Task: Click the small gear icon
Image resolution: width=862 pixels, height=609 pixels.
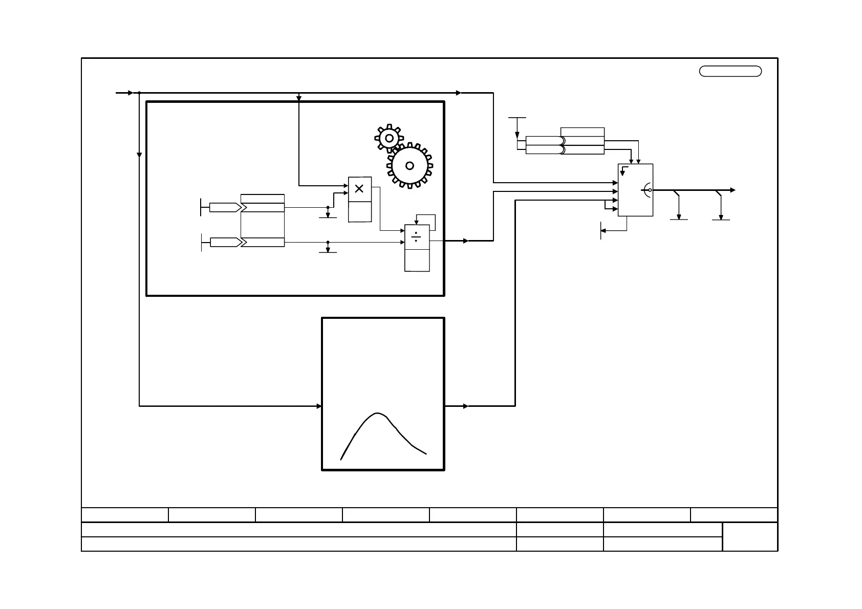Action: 389,138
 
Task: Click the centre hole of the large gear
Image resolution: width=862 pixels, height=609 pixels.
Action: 410,166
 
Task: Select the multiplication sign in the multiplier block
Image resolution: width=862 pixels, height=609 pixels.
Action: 359,189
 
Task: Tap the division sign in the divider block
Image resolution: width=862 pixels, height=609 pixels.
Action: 417,237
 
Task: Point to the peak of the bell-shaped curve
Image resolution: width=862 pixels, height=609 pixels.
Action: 377,414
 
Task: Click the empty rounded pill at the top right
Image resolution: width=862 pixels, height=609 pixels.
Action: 730,71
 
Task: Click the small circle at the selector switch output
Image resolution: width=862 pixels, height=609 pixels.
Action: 650,190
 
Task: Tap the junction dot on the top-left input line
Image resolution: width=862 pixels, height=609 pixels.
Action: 139,93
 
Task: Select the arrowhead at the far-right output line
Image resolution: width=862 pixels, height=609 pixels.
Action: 733,190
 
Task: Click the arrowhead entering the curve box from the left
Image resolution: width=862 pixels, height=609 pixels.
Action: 319,406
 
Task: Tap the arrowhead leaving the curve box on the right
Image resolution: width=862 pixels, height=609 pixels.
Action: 466,406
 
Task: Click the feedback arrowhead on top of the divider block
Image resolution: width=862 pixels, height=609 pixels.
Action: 417,222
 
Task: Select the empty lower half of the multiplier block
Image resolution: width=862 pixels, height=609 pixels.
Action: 360,211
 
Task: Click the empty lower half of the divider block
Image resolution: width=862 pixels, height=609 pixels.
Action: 417,260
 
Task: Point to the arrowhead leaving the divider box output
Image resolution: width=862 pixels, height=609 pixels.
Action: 466,241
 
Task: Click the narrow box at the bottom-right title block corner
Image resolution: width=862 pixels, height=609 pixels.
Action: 750,536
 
